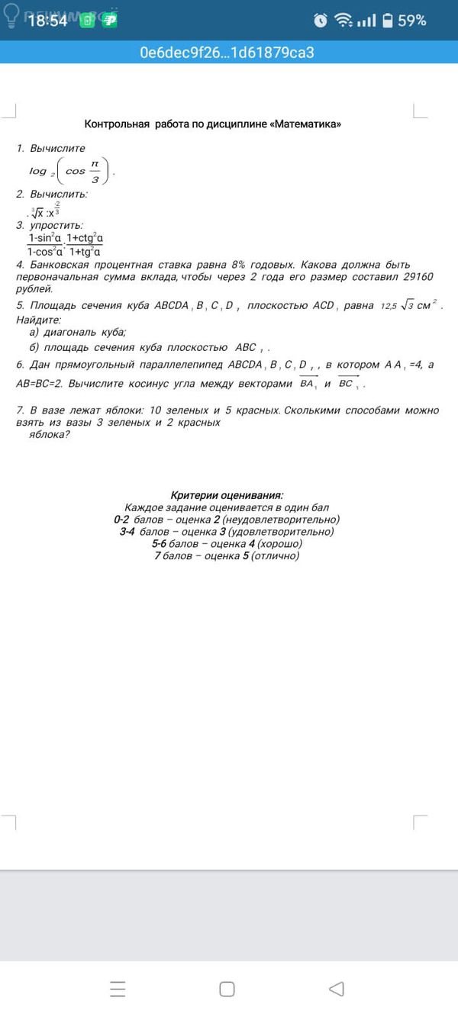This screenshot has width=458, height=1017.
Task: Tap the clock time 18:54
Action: tap(47, 21)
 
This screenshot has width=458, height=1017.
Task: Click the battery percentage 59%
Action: tap(411, 21)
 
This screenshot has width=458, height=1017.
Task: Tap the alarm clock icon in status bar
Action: tap(321, 21)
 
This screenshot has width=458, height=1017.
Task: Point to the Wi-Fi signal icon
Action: tap(343, 21)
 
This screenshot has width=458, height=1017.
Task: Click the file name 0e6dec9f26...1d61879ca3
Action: tap(227, 53)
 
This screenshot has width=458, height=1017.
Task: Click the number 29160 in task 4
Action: tap(418, 277)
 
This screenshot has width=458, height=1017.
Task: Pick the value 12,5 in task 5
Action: tap(390, 306)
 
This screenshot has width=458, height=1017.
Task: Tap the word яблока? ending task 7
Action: tap(50, 434)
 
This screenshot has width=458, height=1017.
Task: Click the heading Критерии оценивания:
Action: tap(227, 496)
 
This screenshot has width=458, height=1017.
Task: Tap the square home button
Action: tap(227, 989)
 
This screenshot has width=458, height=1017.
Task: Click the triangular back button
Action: tap(336, 989)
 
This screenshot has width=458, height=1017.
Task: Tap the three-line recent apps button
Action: tap(118, 989)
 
